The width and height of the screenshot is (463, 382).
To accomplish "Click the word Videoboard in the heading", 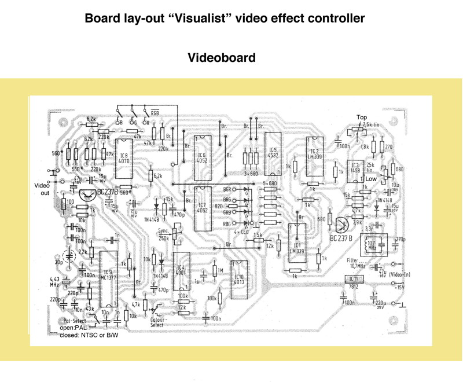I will (x=222, y=58).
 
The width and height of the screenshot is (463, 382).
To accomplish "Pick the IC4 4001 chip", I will (x=181, y=273).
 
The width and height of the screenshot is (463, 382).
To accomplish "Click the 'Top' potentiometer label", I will (x=362, y=117).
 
